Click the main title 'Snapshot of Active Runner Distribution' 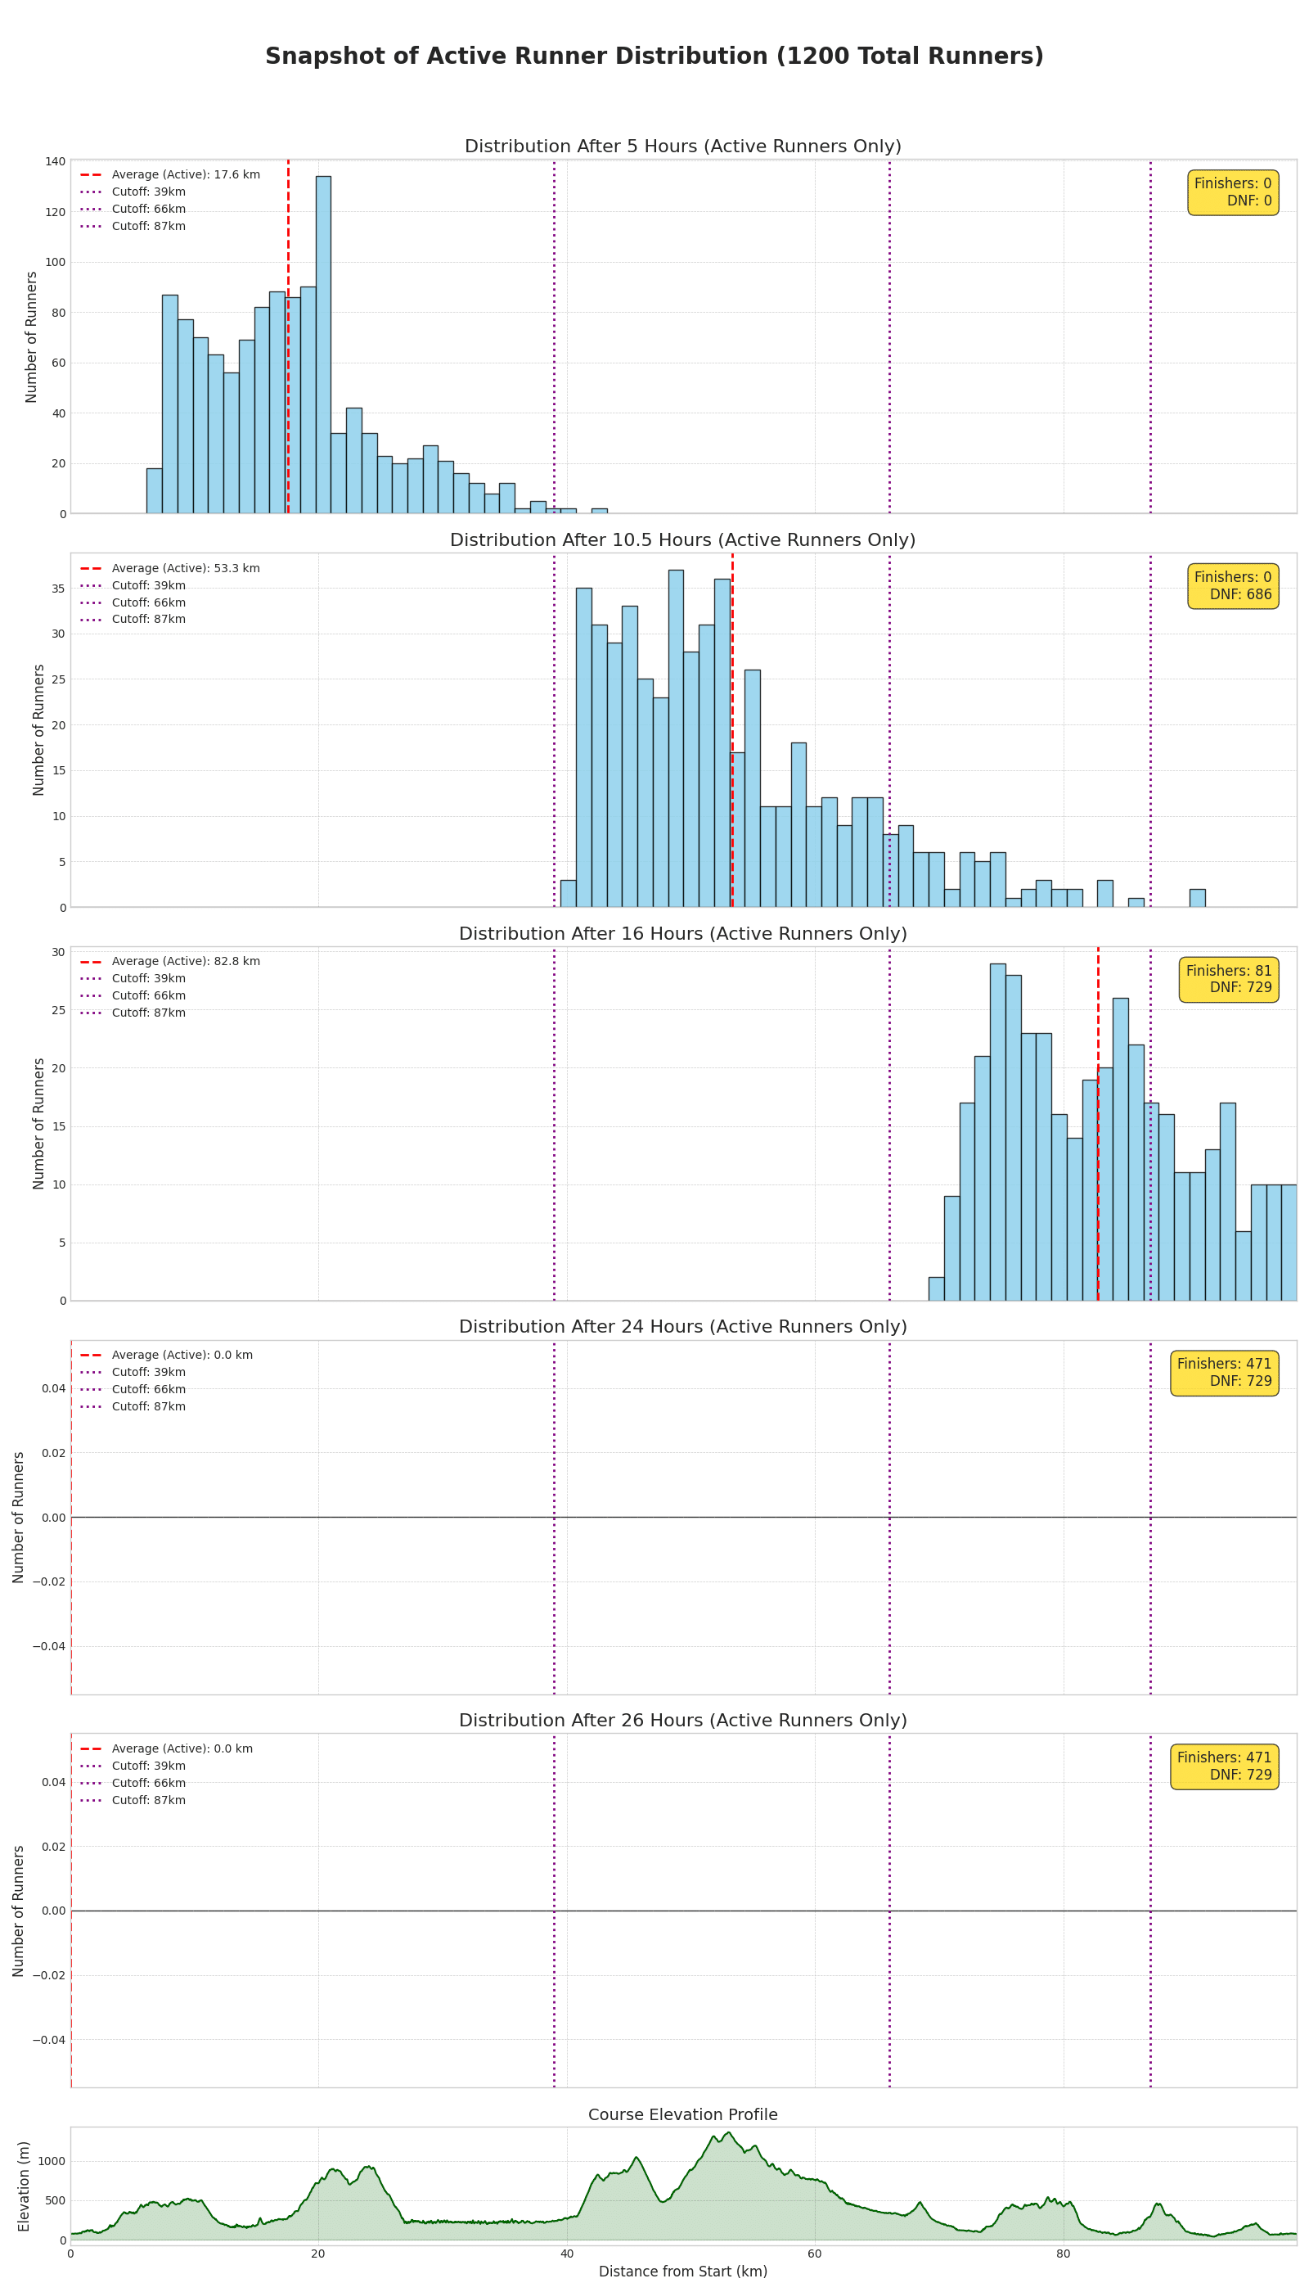[654, 56]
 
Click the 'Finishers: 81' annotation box [1228, 980]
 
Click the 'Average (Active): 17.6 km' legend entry [185, 174]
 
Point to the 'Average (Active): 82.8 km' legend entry [185, 962]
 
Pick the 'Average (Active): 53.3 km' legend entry [185, 569]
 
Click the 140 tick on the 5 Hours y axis [55, 162]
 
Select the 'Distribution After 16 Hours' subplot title [682, 934]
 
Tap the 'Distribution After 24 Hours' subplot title [682, 1327]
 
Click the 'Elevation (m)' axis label [25, 2186]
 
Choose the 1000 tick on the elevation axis [52, 2162]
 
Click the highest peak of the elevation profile [728, 2132]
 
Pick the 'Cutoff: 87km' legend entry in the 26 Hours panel [148, 1800]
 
